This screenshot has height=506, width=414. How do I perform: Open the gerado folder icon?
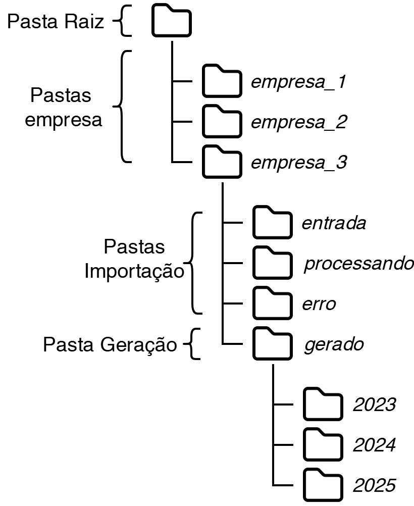tap(272, 345)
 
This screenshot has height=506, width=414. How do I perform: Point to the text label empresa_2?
tap(298, 123)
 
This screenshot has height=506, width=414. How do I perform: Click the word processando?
tap(358, 264)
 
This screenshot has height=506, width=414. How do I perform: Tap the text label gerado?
tap(334, 345)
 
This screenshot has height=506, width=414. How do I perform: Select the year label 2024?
tap(374, 445)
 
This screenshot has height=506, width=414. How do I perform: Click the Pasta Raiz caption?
tap(56, 22)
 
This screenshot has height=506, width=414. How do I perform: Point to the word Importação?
tap(134, 271)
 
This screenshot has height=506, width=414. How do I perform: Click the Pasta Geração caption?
tap(110, 345)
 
